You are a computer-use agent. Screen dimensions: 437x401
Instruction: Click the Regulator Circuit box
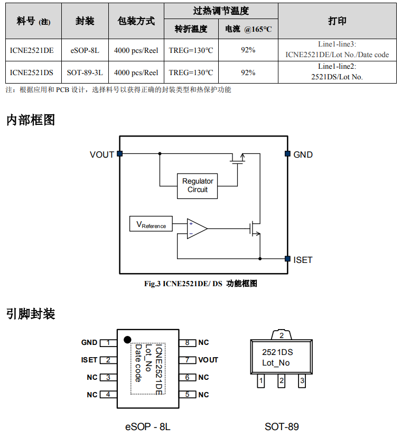click(x=197, y=185)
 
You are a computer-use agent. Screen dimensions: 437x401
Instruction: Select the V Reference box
click(x=151, y=224)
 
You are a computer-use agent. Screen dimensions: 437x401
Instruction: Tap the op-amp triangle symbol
click(x=196, y=229)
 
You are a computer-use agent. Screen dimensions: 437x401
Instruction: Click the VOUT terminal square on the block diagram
click(x=119, y=154)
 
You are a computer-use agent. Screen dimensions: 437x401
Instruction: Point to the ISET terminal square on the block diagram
click(x=287, y=259)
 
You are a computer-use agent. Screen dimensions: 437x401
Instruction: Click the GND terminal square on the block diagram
click(x=287, y=154)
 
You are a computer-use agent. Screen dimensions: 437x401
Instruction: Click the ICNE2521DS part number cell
click(x=32, y=72)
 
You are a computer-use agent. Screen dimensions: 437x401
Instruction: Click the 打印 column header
click(x=337, y=21)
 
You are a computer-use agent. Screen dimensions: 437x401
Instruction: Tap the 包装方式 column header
click(x=136, y=21)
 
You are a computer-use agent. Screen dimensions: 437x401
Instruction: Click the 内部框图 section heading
click(x=31, y=120)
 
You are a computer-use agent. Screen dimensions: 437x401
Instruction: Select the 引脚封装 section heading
click(x=31, y=314)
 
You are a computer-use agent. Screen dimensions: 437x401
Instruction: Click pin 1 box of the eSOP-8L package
click(x=108, y=343)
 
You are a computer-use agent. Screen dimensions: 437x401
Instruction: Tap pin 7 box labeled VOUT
click(x=187, y=360)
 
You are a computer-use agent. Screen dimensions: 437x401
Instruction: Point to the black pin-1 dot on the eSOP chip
click(x=127, y=340)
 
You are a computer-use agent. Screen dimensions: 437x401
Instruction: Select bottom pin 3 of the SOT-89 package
click(x=302, y=380)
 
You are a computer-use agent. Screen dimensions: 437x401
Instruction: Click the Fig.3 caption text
click(x=201, y=284)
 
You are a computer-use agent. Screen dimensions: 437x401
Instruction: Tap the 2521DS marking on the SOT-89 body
click(x=277, y=352)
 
